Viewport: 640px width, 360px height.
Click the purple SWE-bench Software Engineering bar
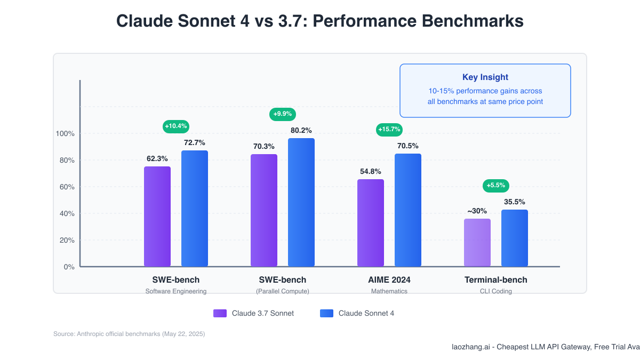[157, 217]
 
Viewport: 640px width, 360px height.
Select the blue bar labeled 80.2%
[301, 202]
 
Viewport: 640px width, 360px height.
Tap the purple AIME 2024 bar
[371, 223]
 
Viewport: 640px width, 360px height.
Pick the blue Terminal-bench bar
[515, 238]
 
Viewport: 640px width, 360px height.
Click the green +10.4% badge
[176, 126]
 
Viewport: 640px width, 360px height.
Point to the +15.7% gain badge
[389, 129]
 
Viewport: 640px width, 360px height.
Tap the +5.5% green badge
[496, 186]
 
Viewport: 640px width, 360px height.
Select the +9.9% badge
[283, 114]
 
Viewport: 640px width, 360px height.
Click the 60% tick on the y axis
[67, 187]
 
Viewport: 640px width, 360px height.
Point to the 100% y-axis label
[65, 133]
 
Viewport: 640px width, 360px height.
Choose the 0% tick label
[69, 267]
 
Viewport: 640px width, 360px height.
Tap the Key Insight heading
[485, 77]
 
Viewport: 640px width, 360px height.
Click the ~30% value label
[477, 211]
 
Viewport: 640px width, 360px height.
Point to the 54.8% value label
[371, 172]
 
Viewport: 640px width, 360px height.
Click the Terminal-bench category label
[495, 280]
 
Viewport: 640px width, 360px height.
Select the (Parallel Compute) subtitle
[283, 291]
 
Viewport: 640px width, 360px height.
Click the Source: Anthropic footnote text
[129, 334]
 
